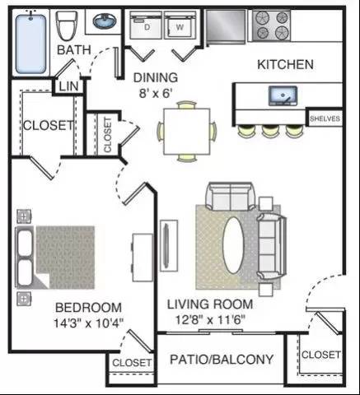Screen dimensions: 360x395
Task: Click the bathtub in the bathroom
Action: tap(30, 44)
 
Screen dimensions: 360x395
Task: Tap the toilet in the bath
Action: tap(66, 26)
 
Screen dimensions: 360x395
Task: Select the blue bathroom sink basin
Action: tap(105, 21)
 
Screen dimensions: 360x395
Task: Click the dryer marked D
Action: tap(146, 26)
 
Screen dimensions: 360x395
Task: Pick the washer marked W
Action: tap(180, 26)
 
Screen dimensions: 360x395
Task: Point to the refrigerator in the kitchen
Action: tap(226, 26)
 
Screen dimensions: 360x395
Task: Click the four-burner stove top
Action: tap(272, 26)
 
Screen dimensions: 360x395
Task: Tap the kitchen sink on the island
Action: tap(283, 95)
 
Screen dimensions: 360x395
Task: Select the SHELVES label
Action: tap(325, 118)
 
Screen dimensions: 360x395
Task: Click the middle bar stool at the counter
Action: tap(270, 131)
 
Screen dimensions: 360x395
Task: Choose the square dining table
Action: tap(187, 132)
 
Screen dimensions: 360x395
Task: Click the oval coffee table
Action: tap(233, 245)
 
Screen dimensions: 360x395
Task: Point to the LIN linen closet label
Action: tap(68, 86)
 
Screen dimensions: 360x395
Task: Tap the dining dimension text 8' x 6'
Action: tap(156, 94)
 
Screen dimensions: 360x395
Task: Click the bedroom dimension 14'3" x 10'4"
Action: tap(88, 323)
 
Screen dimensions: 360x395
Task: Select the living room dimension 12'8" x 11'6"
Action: tap(210, 319)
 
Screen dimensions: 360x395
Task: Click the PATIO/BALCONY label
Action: tap(222, 360)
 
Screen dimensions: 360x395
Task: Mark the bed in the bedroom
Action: tap(55, 258)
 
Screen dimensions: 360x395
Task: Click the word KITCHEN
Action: tap(285, 64)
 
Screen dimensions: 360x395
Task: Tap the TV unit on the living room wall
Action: tap(169, 245)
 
